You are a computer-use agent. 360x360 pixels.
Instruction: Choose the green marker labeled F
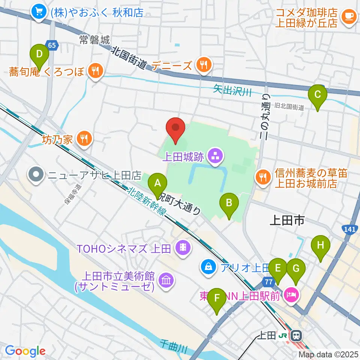[217, 300]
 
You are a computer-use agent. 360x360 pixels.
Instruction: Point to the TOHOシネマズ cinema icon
[183, 248]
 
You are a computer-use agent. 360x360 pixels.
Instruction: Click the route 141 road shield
[350, 228]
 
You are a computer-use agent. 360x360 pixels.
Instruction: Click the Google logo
[25, 351]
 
